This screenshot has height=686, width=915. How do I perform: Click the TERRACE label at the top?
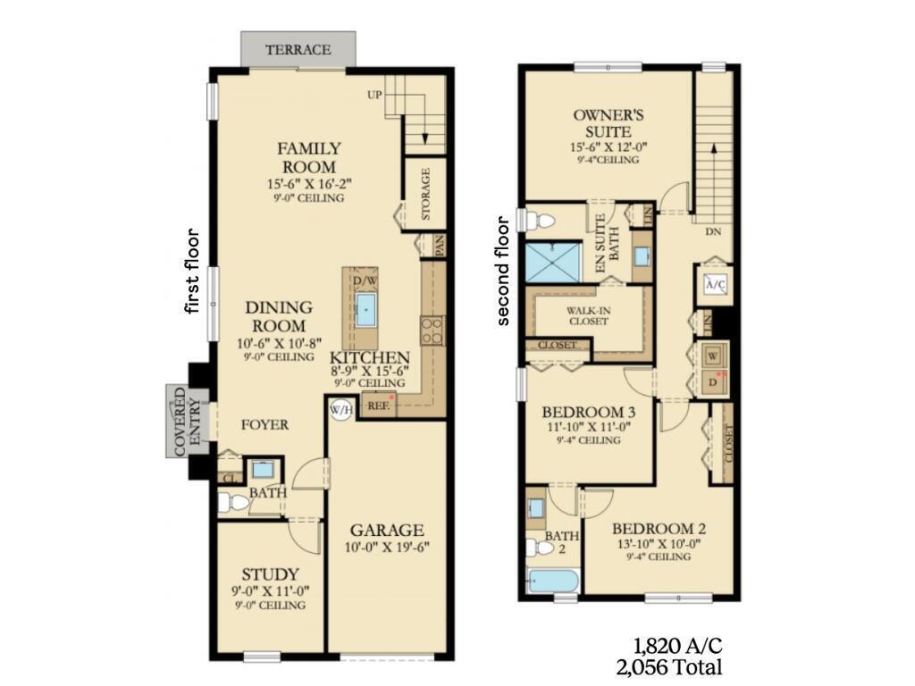(298, 50)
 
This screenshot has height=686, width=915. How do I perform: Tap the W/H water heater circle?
(340, 410)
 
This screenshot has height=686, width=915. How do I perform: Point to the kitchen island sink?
(366, 311)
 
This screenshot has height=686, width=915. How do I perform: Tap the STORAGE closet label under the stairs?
(426, 195)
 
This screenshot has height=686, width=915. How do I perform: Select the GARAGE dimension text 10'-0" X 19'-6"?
(387, 548)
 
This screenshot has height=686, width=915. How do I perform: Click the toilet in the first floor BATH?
(233, 504)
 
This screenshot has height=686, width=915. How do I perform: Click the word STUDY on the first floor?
(271, 573)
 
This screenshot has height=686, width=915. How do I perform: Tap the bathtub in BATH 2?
(552, 581)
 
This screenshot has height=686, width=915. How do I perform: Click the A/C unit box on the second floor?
(715, 283)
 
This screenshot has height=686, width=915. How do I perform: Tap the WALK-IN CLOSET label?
(587, 315)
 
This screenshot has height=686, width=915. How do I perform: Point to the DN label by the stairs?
(711, 230)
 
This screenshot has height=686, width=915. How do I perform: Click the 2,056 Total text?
(668, 666)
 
